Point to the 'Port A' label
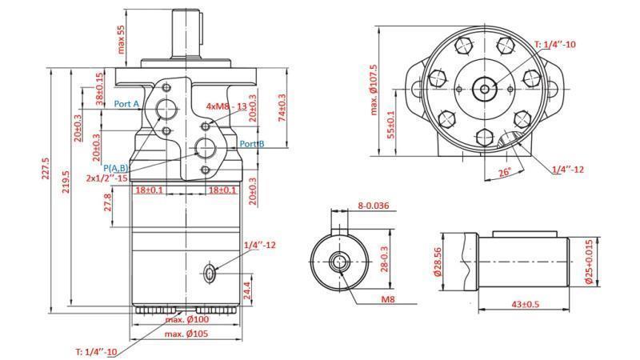(x=126, y=104)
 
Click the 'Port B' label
(x=253, y=144)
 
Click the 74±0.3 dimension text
(x=281, y=108)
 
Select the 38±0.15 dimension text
(x=100, y=89)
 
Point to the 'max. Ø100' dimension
(x=186, y=321)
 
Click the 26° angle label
(x=503, y=172)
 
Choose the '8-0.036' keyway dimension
(x=373, y=206)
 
